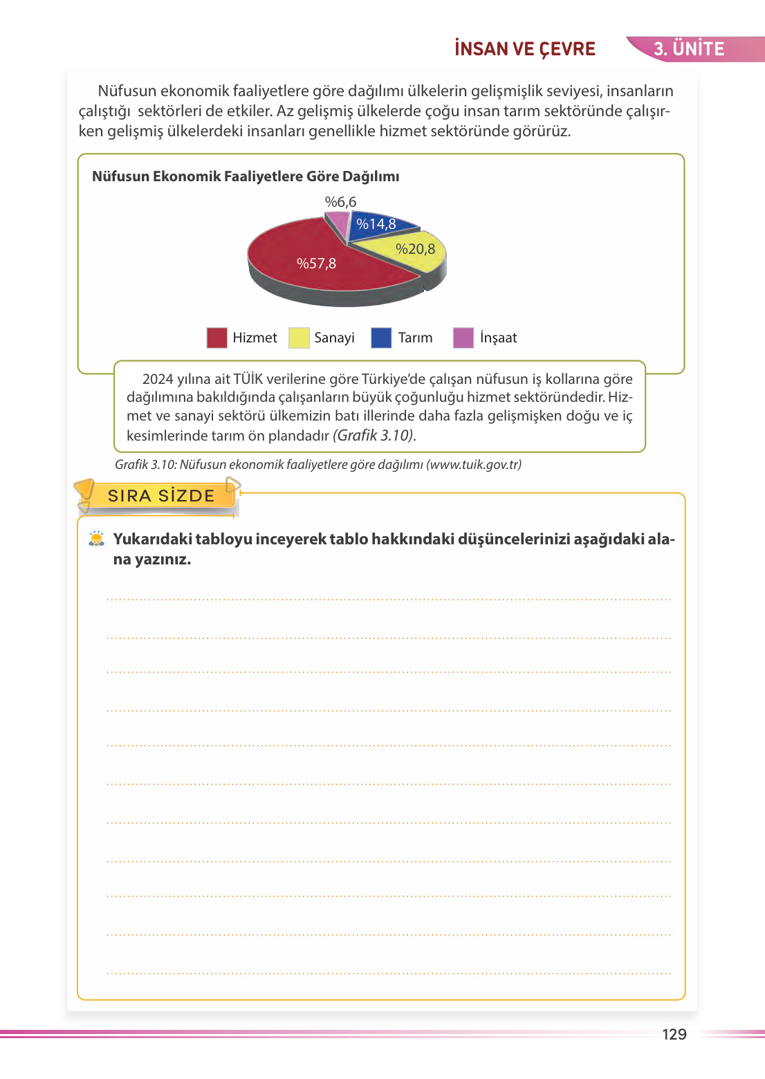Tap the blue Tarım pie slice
(x=377, y=228)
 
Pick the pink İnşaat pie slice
(x=338, y=223)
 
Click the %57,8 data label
(x=316, y=264)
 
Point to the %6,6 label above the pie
(x=340, y=202)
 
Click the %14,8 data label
(x=376, y=224)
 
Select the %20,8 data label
(x=415, y=249)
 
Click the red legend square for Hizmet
(x=217, y=338)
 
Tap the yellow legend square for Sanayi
(x=299, y=338)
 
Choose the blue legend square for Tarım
(x=381, y=338)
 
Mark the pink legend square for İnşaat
(x=463, y=338)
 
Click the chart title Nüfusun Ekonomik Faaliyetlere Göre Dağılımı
(x=246, y=176)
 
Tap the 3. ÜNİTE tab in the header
(x=689, y=49)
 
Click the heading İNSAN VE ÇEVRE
(x=525, y=49)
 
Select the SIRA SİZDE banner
(x=161, y=496)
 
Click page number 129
(x=674, y=1034)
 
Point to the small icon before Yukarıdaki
(x=97, y=539)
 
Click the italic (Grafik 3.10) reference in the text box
(x=374, y=436)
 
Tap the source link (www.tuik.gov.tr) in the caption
(x=474, y=465)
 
